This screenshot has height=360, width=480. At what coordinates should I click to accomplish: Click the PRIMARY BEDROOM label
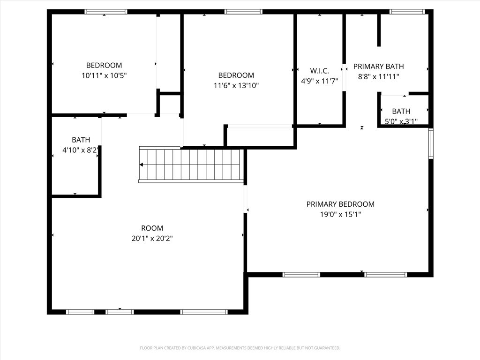point(340,204)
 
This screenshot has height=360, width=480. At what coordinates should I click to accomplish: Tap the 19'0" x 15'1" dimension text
point(340,214)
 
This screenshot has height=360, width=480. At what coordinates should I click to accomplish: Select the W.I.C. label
point(320,71)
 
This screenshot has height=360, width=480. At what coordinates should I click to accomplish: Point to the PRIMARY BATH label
point(379,67)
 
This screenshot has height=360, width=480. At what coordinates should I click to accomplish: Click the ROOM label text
point(152,228)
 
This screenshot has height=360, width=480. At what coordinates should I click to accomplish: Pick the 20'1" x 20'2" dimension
point(152,238)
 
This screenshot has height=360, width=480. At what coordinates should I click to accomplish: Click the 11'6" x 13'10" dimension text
point(236,85)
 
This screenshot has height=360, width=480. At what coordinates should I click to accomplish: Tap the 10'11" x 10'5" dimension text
point(104,75)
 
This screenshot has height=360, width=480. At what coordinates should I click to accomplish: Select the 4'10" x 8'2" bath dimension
point(81,150)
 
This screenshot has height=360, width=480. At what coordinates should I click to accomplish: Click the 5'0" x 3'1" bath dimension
point(401,121)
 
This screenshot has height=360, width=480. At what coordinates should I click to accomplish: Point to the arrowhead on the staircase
point(142,165)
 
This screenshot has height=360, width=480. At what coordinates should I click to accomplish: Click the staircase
point(191,165)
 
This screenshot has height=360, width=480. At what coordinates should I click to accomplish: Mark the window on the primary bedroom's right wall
point(431,143)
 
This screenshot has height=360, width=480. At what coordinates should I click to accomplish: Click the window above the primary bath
point(407,12)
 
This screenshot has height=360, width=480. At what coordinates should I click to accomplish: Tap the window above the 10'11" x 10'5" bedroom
point(105,12)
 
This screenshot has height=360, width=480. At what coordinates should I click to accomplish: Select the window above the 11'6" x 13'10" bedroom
point(243,12)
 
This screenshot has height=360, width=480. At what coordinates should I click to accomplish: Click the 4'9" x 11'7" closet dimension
point(320,81)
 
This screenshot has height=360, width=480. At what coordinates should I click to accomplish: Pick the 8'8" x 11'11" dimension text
point(379,76)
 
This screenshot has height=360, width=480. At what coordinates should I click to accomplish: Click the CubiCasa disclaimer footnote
point(240,348)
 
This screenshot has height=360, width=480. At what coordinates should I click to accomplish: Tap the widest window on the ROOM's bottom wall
point(204,312)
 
